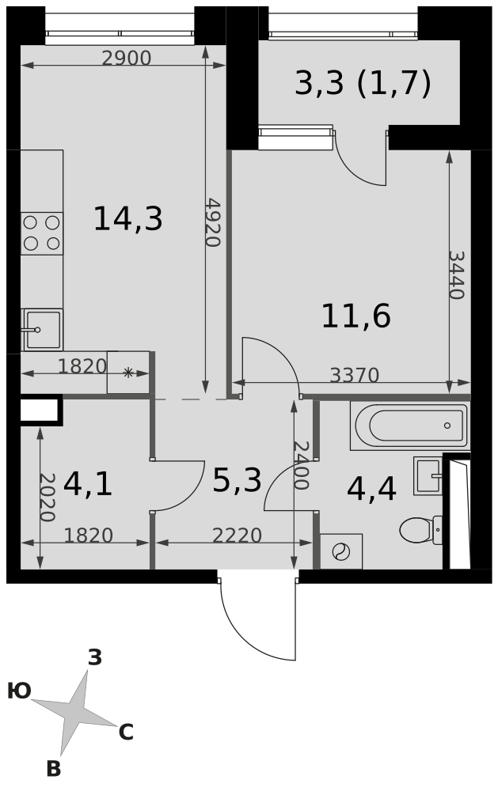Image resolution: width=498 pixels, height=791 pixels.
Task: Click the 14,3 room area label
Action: pos(127,219)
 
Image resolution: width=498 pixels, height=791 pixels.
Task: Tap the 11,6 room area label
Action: pos(356,316)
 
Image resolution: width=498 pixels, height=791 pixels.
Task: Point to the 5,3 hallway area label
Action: pos(237,480)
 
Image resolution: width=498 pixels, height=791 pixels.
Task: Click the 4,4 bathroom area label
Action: pos(371,489)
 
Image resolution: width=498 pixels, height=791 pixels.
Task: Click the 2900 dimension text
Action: pos(126,59)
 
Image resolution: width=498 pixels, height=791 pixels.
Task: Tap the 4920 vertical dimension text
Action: pos(213,222)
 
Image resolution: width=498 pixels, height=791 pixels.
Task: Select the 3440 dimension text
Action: pos(455,275)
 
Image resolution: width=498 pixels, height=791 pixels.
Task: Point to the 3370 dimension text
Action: pos(354,375)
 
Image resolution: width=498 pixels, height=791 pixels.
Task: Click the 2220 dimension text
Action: pos(237,536)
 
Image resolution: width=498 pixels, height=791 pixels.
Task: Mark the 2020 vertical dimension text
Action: pos(47,497)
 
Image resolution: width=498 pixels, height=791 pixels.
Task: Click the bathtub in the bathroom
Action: pos(410,426)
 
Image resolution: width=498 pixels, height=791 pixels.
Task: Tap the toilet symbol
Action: pos(420,530)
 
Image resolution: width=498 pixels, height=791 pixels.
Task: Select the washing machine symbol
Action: pos(341,551)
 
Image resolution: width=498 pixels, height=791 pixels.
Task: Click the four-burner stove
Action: pos(42,233)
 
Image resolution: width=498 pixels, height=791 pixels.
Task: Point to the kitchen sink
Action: pos(43,329)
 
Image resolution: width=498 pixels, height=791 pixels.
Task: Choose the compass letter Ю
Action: pos(19,691)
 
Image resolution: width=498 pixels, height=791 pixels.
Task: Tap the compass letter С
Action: pos(126,732)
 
